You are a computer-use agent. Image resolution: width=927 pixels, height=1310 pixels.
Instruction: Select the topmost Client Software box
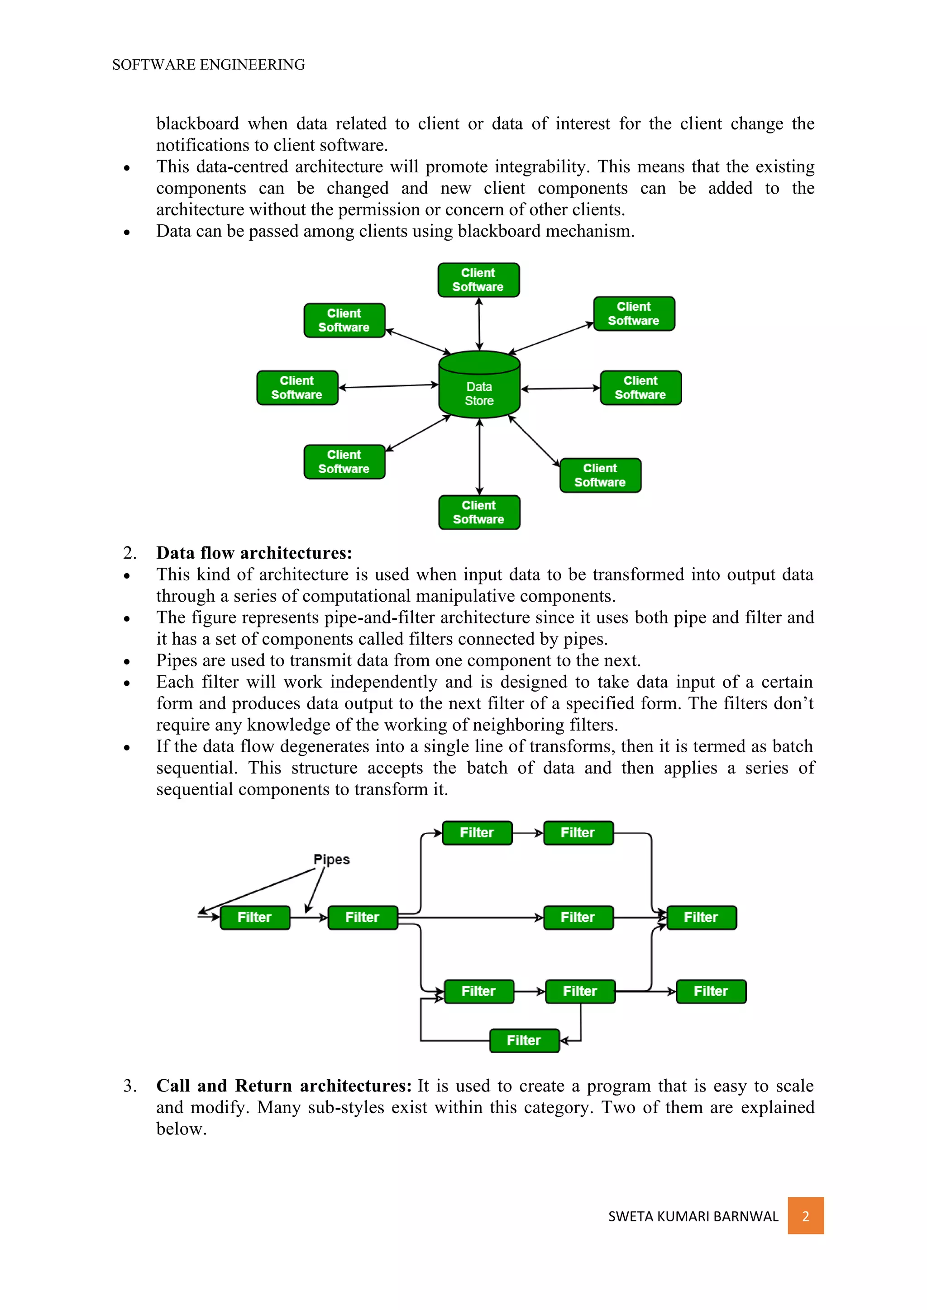[478, 280]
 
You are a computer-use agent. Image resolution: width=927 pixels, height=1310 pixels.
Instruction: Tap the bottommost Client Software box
[479, 513]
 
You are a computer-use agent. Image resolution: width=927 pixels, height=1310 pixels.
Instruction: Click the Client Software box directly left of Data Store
[297, 388]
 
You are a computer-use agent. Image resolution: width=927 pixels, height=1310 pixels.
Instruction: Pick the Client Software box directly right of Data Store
[640, 388]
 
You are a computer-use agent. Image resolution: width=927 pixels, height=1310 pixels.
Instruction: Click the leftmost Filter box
[254, 917]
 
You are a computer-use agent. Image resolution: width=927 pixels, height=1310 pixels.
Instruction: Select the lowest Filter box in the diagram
[524, 1041]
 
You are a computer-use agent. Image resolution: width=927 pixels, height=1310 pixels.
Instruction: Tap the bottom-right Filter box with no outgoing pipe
[711, 992]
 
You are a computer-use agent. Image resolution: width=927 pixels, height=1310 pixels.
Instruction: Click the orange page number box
[805, 1216]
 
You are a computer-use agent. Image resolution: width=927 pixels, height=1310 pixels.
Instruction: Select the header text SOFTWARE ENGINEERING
[208, 65]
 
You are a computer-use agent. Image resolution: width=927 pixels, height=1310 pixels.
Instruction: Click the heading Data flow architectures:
[254, 553]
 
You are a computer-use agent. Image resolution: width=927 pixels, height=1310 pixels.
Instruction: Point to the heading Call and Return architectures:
[284, 1086]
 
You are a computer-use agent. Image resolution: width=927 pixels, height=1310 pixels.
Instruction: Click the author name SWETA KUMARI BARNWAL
[693, 1216]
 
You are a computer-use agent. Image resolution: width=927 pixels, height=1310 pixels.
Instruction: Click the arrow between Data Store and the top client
[479, 323]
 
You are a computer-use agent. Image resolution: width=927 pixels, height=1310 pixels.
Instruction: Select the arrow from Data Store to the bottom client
[479, 456]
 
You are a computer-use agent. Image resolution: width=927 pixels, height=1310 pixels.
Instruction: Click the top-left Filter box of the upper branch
[477, 833]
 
